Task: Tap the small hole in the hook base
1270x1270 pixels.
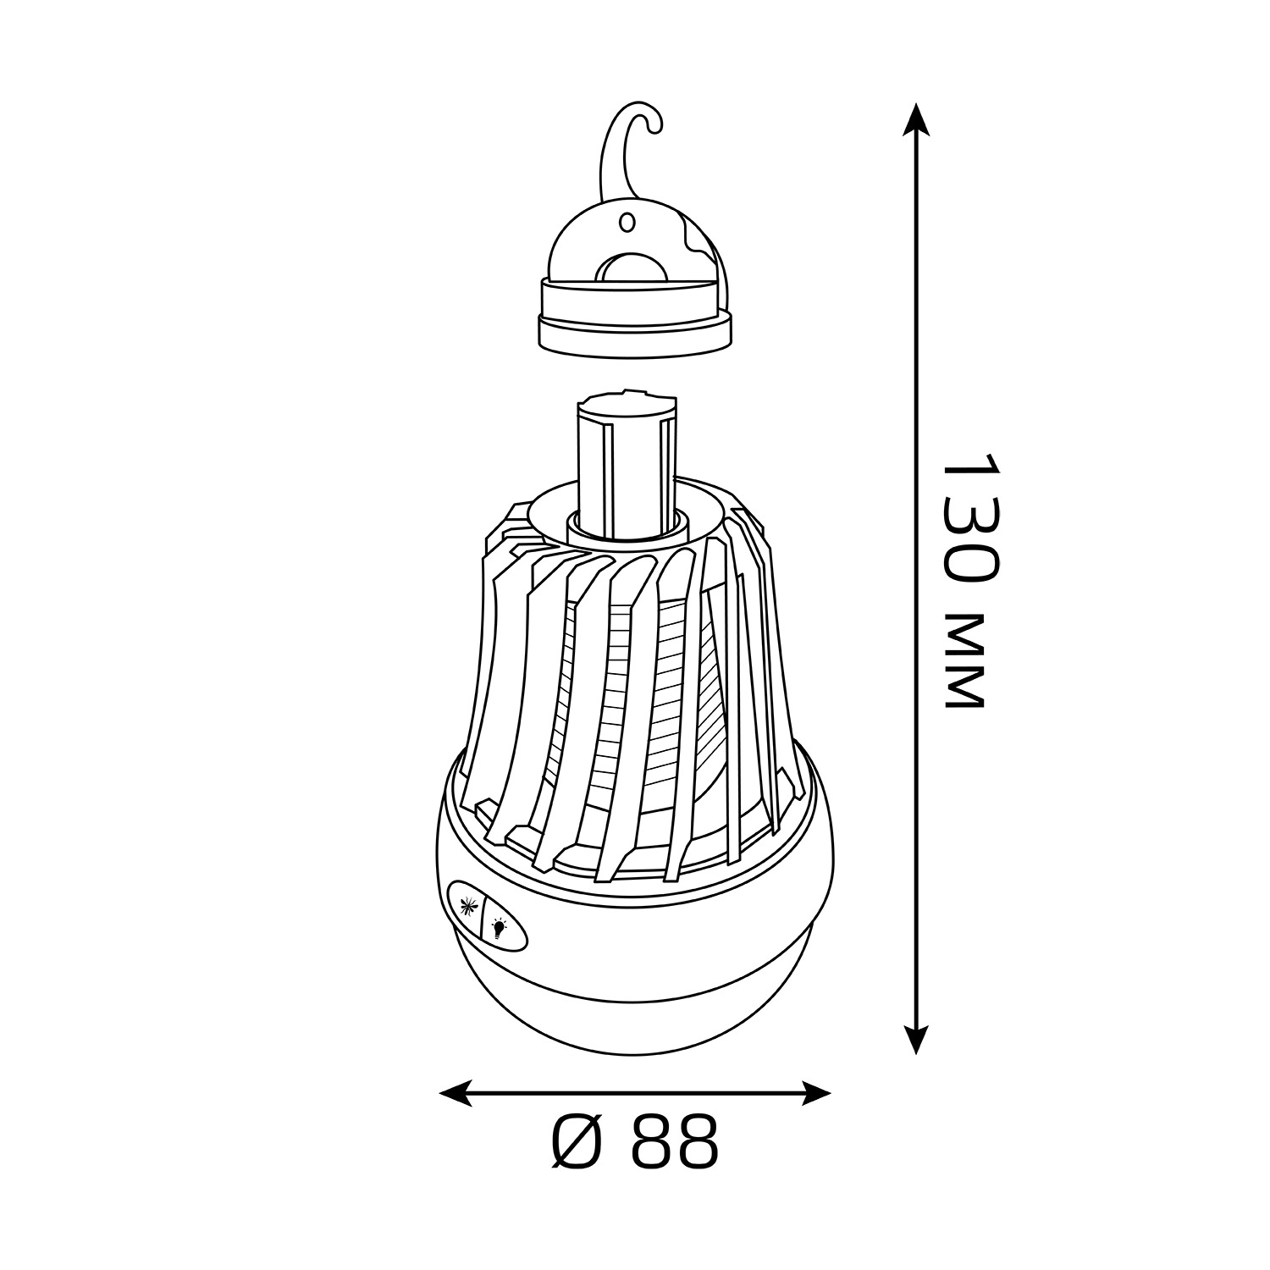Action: tap(627, 223)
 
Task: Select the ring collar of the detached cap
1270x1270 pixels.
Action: tap(635, 319)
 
